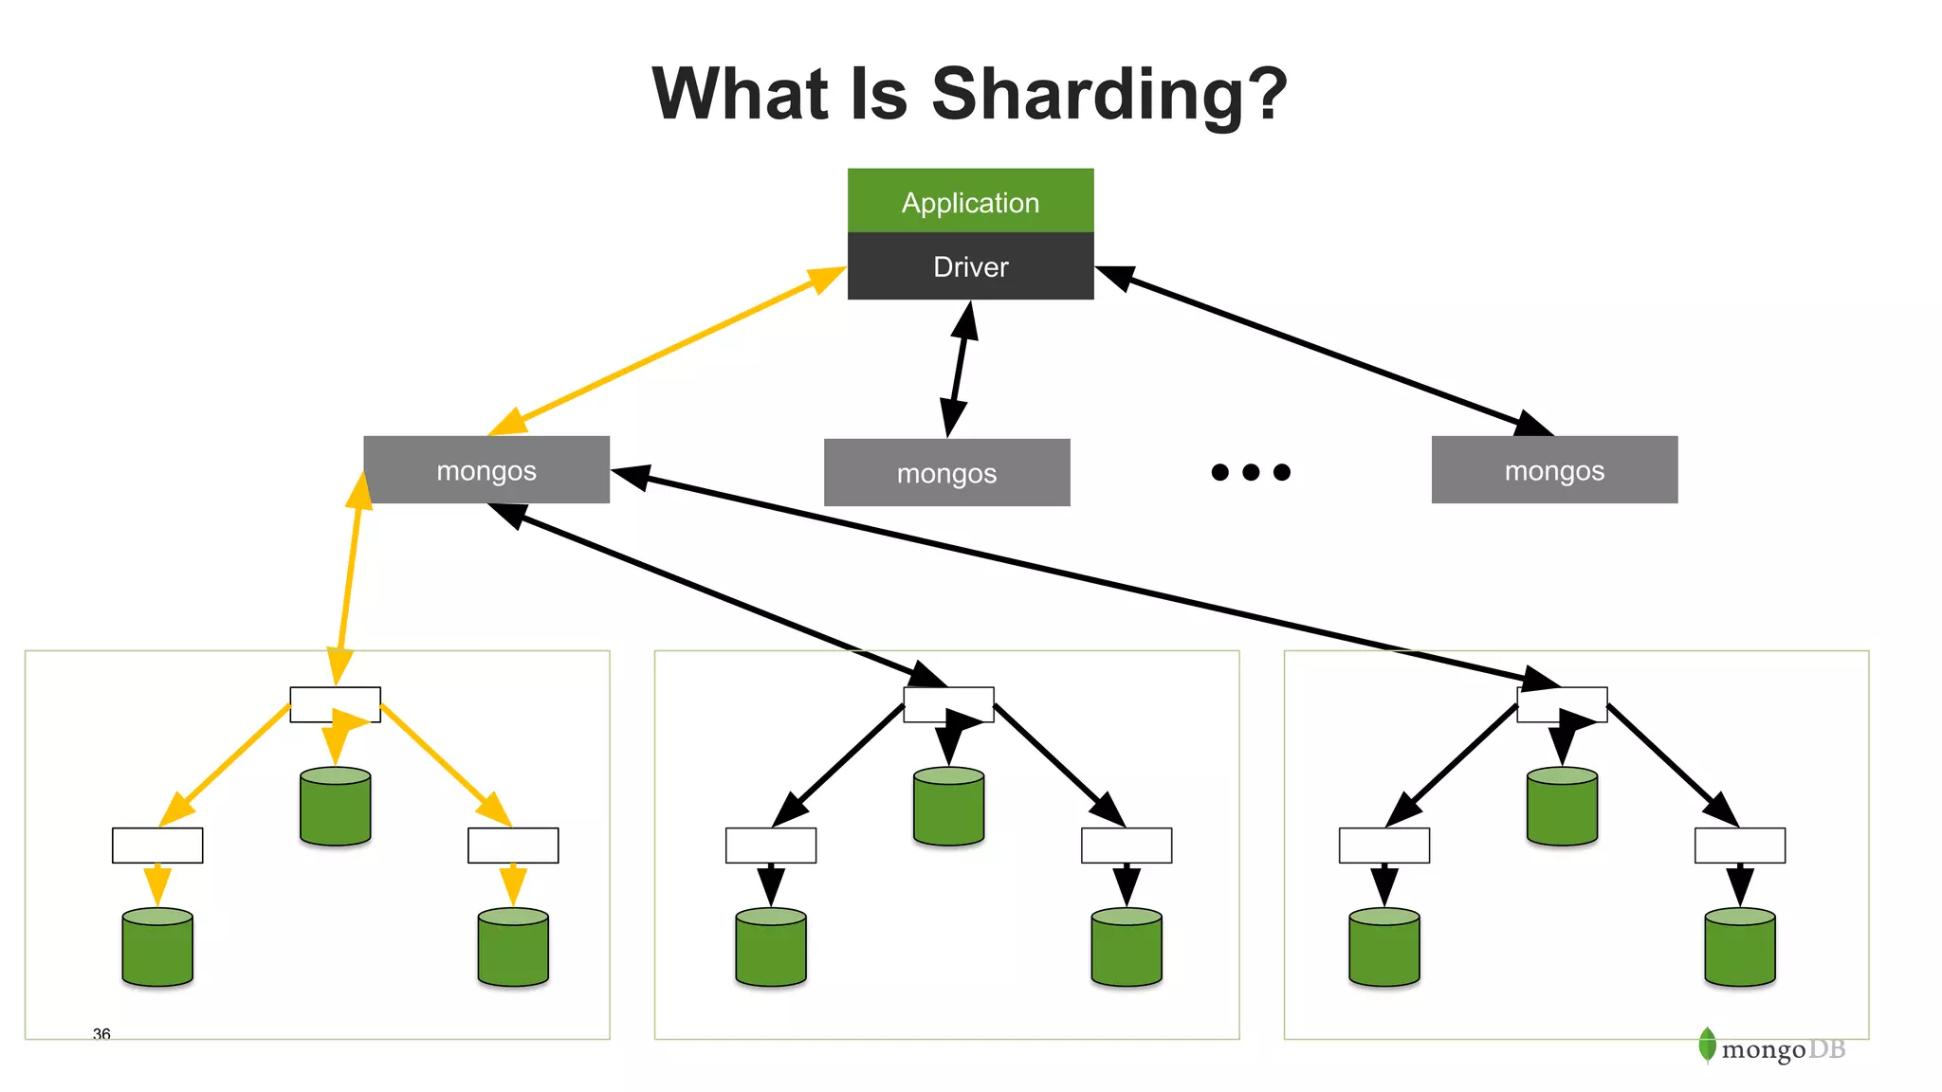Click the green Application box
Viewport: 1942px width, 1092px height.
click(x=970, y=201)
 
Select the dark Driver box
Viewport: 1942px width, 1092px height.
click(x=970, y=266)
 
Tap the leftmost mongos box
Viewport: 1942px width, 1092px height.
click(x=486, y=470)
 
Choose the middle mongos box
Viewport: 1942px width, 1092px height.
click(x=946, y=472)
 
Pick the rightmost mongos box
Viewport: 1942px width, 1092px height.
click(x=1554, y=470)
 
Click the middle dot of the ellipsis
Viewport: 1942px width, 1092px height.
click(x=1251, y=472)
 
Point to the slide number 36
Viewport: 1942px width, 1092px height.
click(x=101, y=1033)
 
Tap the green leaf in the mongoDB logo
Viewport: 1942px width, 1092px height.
click(x=1707, y=1045)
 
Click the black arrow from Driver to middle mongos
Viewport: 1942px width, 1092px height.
click(x=959, y=369)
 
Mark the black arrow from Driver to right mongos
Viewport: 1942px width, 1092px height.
click(x=1328, y=350)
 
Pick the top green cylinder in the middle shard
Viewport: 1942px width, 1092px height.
click(x=948, y=807)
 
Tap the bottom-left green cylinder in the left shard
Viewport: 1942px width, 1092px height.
click(x=157, y=948)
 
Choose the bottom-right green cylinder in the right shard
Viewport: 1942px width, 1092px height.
click(x=1739, y=948)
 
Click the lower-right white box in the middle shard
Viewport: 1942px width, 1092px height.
click(x=1127, y=846)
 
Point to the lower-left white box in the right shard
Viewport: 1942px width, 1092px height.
click(x=1383, y=846)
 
